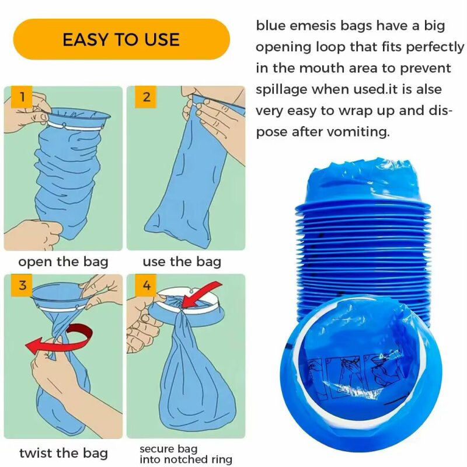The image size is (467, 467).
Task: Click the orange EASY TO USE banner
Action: (121, 39)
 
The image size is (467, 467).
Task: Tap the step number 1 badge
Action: (22, 97)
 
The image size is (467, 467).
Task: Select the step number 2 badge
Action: (146, 97)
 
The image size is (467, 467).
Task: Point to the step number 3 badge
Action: (22, 285)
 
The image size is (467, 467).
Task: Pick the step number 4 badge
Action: (146, 285)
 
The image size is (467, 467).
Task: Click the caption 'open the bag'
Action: (63, 262)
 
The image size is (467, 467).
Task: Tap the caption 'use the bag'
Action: (182, 262)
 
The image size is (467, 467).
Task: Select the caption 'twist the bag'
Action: (64, 454)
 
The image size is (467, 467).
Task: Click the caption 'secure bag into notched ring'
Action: (186, 454)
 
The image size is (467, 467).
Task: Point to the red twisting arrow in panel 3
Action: (60, 343)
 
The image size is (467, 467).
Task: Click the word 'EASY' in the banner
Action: (82, 40)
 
